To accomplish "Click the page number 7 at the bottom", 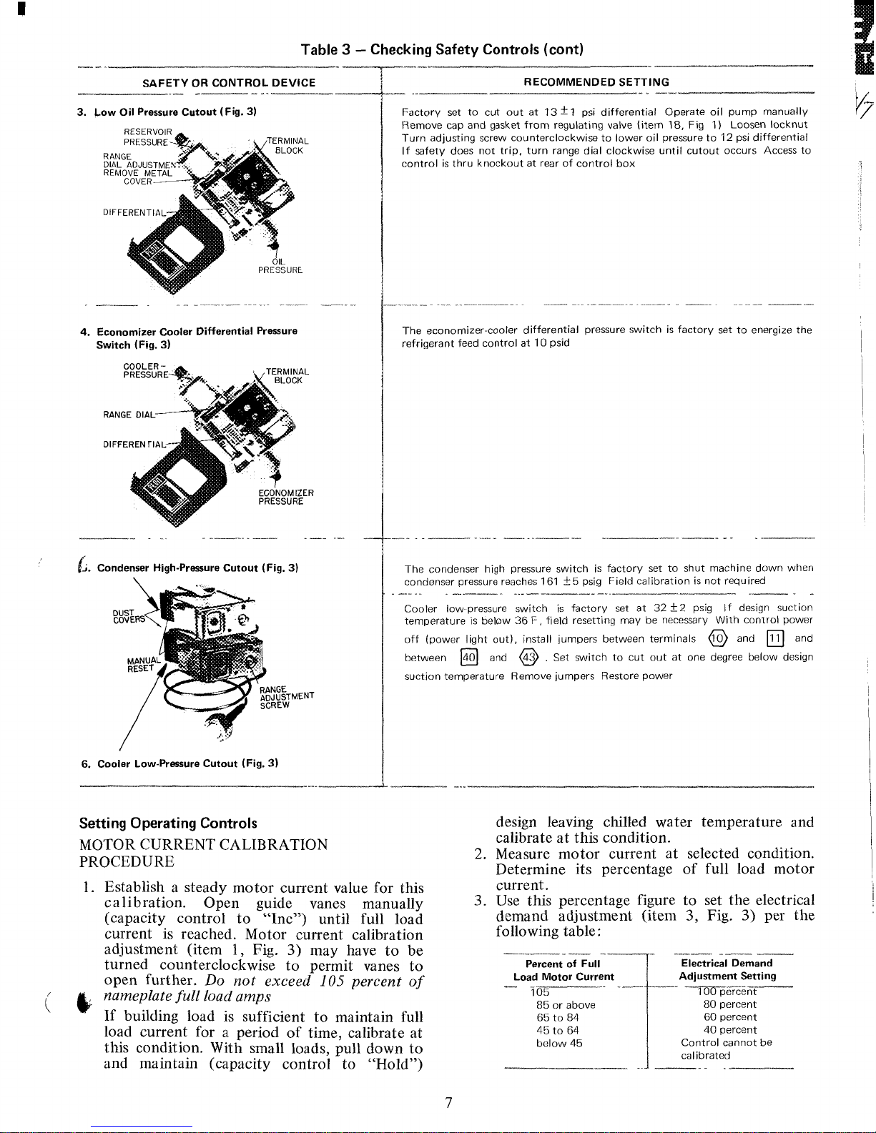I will point(448,1103).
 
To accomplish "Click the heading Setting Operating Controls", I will point(168,823).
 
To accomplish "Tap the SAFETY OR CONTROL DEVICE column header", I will point(229,83).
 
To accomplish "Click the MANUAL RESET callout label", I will point(140,665).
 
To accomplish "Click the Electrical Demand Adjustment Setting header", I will point(727,970).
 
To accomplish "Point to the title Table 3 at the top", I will point(442,49).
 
